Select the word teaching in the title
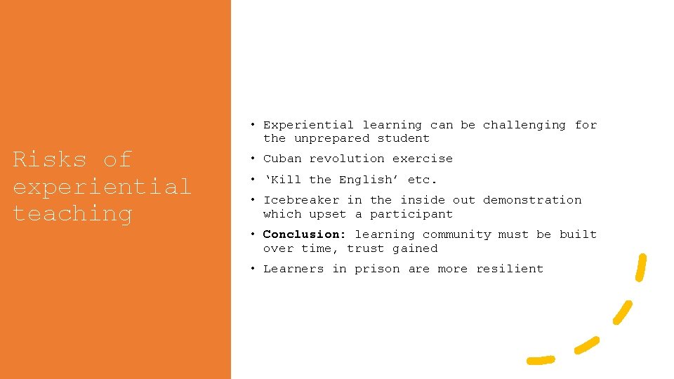click(x=72, y=214)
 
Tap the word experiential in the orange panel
click(x=102, y=187)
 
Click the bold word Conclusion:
click(x=304, y=234)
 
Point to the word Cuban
click(x=282, y=159)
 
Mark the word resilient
click(x=510, y=269)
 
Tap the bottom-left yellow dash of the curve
click(x=541, y=360)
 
